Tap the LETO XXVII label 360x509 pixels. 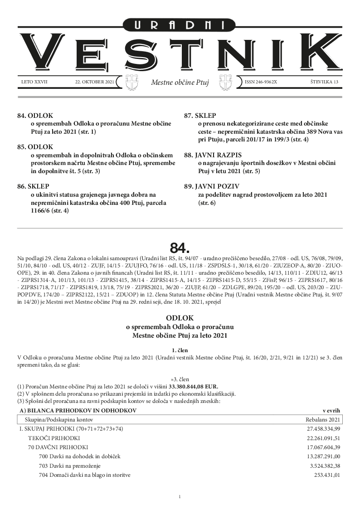[x=34, y=82]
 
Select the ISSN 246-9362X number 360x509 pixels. [x=261, y=82]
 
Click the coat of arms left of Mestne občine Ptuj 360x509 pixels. [x=131, y=82]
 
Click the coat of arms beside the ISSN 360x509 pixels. [x=226, y=82]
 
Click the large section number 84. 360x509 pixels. [x=180, y=247]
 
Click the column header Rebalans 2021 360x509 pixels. [x=323, y=420]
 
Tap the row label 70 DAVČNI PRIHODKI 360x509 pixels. [x=58, y=447]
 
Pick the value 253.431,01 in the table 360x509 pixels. [x=327, y=475]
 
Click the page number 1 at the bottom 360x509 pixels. [x=180, y=497]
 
